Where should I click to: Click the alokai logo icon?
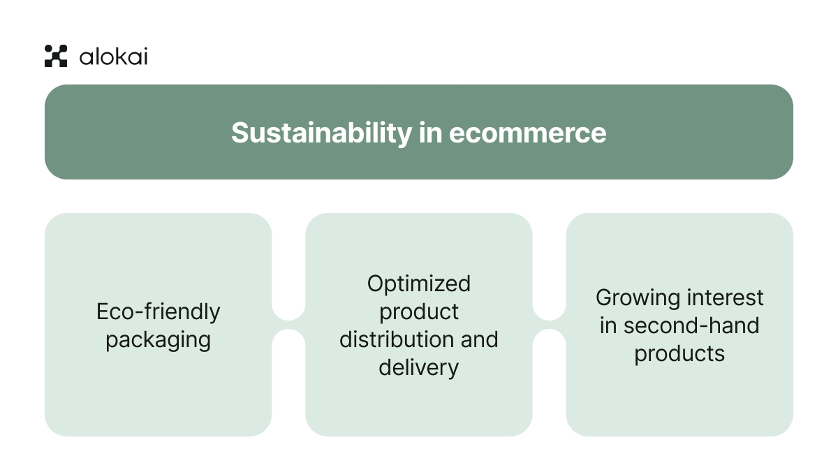(x=56, y=56)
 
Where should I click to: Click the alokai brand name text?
(x=113, y=57)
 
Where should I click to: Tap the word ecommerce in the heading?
(x=527, y=133)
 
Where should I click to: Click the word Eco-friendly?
(x=158, y=311)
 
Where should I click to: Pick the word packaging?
(x=158, y=340)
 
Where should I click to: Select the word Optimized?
(x=419, y=284)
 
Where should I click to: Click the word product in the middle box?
(x=419, y=311)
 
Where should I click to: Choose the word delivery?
(x=419, y=367)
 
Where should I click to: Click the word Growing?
(x=638, y=298)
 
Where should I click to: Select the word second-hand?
(x=691, y=325)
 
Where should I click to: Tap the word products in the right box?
(x=679, y=353)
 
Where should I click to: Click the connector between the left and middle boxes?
(x=288, y=325)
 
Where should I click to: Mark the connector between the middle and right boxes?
(x=549, y=325)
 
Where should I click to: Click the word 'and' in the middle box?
(x=479, y=339)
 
